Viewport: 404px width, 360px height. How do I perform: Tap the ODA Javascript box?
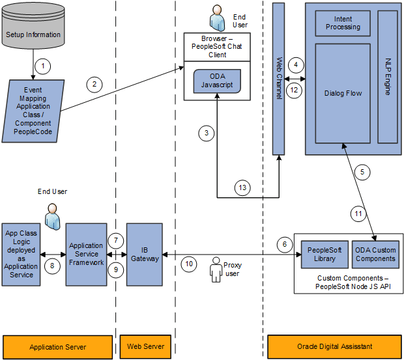217,82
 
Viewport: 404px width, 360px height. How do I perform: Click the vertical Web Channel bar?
278,78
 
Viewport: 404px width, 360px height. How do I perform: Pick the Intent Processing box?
342,23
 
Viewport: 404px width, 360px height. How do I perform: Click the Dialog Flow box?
342,93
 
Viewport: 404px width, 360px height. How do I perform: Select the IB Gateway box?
144,254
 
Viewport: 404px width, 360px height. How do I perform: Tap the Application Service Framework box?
86,254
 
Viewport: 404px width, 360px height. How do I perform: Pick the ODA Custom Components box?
375,255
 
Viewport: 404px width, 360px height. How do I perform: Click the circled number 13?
242,187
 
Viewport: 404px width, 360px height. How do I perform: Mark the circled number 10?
188,264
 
